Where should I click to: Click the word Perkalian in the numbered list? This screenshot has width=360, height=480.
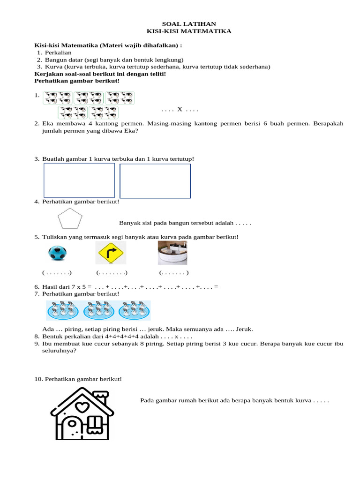tap(58, 53)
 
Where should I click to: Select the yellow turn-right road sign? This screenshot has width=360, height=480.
tap(111, 254)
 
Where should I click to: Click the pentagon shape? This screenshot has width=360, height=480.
tap(69, 220)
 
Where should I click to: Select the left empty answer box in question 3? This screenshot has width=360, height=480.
tap(79, 180)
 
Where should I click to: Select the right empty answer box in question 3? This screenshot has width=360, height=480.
tap(155, 181)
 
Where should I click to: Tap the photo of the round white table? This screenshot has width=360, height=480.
tap(173, 253)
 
